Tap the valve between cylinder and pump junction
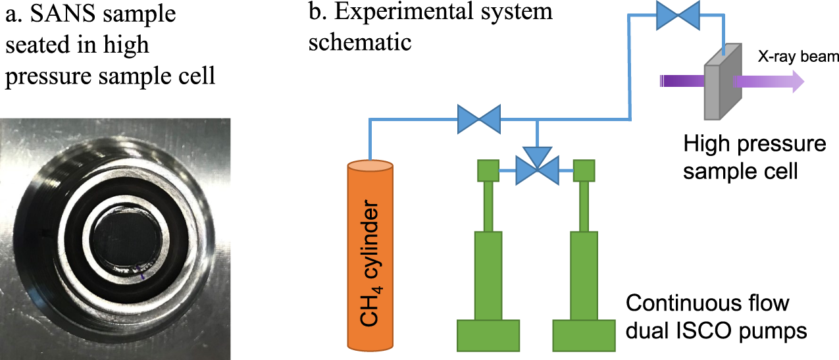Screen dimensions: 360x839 (x=480, y=119)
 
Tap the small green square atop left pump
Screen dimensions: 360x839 (x=488, y=170)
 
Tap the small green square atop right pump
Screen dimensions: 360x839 (x=584, y=170)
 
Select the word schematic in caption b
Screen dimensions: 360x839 (x=360, y=42)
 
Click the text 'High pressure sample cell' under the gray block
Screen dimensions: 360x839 (x=753, y=157)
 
